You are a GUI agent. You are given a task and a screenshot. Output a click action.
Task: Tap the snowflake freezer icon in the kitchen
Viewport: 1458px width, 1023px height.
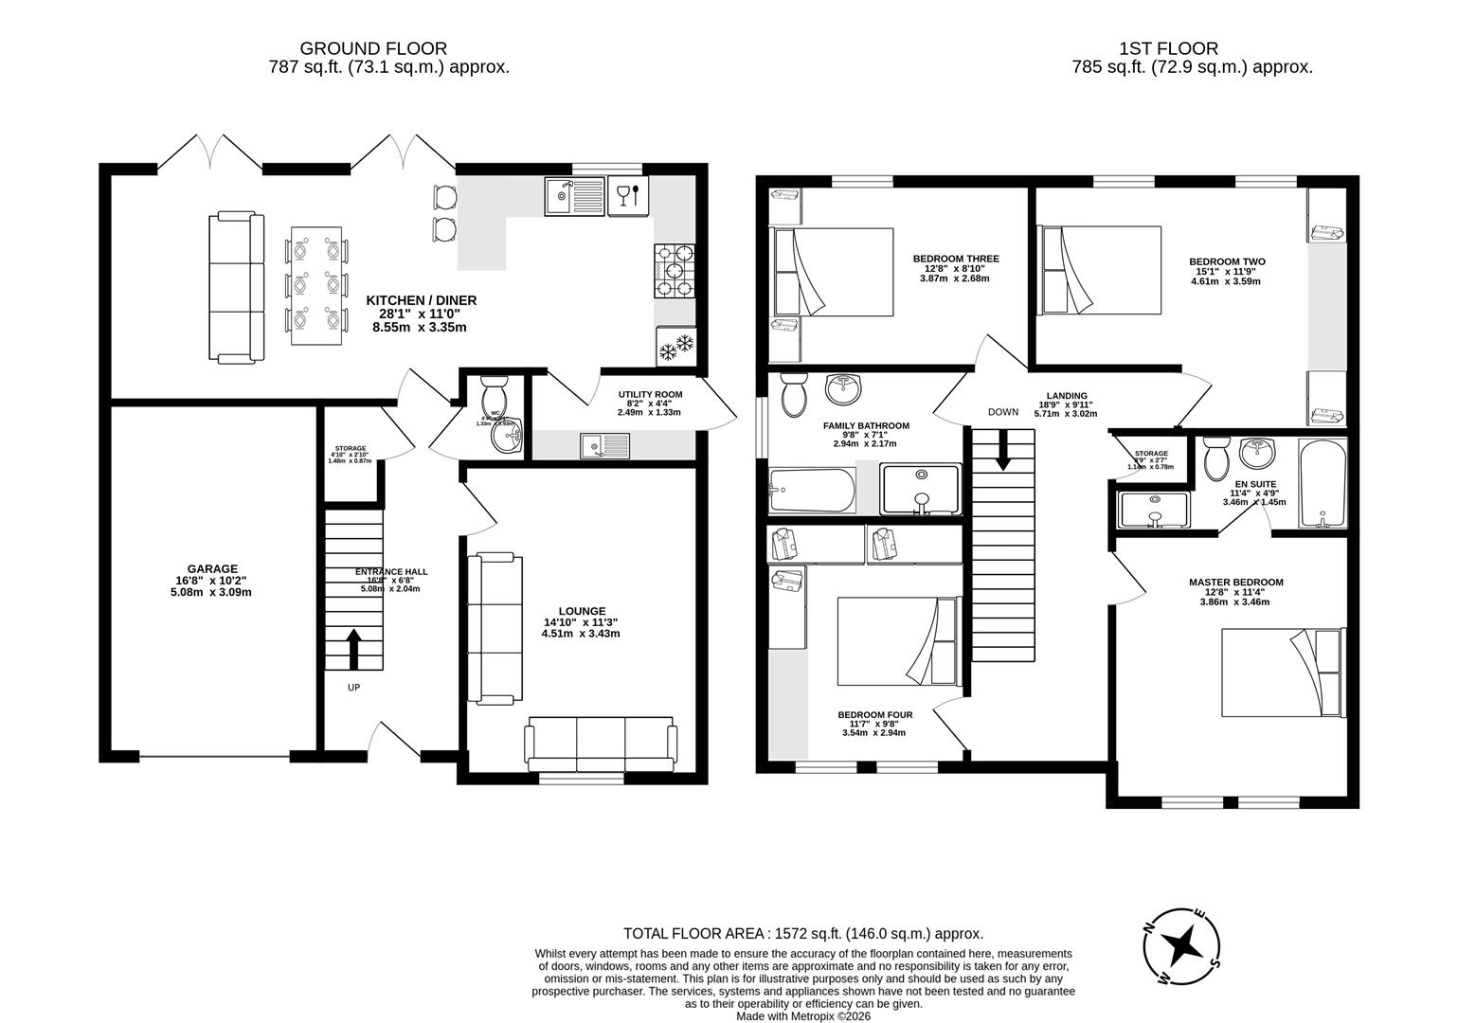pos(676,347)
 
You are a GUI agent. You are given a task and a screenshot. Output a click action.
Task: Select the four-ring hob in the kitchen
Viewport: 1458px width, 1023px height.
pos(675,271)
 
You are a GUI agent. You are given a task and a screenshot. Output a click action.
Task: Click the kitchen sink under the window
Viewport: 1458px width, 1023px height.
pos(574,196)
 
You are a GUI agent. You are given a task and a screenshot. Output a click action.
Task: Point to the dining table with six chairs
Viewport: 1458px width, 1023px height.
pos(316,285)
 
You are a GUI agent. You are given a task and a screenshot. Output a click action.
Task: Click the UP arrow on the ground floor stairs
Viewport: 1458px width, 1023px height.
pos(354,650)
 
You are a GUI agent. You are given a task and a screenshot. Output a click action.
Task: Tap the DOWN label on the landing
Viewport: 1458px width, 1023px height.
pos(1002,412)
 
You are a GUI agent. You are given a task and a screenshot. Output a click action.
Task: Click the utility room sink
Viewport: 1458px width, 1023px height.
pos(605,444)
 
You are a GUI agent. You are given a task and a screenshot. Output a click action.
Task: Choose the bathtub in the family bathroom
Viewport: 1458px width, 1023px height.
pos(812,491)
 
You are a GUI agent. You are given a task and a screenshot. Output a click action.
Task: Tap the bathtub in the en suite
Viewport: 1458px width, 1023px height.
pos(1323,483)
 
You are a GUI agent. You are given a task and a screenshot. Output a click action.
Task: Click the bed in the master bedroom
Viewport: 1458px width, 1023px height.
pos(1283,673)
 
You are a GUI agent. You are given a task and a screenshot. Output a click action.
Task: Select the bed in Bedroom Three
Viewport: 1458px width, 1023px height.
pos(834,272)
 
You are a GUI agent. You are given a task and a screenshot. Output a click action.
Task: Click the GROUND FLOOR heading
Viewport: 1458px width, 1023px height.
pos(373,48)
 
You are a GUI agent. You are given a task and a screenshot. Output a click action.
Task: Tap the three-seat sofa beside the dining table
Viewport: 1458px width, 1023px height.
pos(236,287)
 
